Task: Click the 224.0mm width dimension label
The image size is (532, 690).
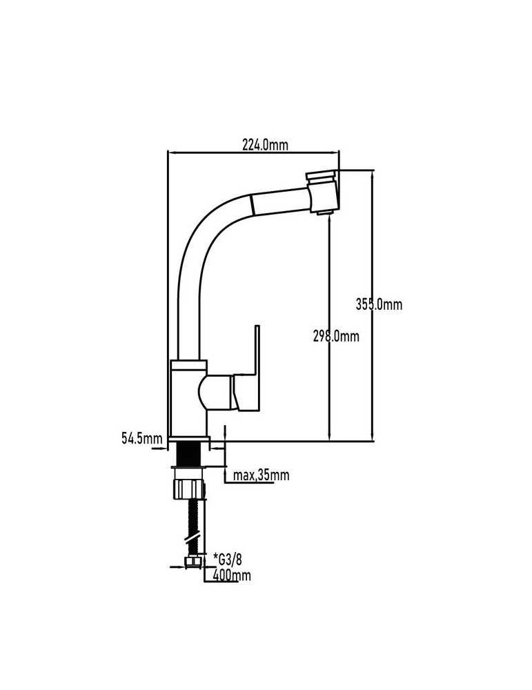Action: pyautogui.click(x=266, y=144)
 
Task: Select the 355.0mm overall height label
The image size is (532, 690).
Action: pyautogui.click(x=379, y=304)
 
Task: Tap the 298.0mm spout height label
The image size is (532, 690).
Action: pyautogui.click(x=336, y=336)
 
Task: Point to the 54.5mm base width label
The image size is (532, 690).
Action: pyautogui.click(x=142, y=438)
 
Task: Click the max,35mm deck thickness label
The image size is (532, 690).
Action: pyautogui.click(x=261, y=475)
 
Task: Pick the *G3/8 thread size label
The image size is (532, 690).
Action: pyautogui.click(x=228, y=560)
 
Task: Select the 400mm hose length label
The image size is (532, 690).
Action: pyautogui.click(x=231, y=575)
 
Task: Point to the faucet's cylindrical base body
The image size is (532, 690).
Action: pyautogui.click(x=188, y=398)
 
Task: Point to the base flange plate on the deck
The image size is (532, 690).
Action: pyautogui.click(x=188, y=440)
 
